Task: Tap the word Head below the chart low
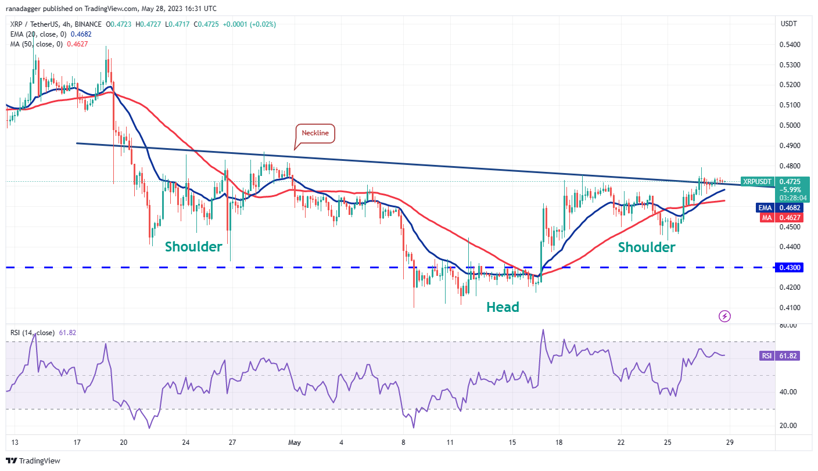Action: (x=503, y=307)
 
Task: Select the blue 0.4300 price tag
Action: (x=787, y=267)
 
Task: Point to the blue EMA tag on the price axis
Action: (x=764, y=207)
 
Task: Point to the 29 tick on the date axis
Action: (x=730, y=442)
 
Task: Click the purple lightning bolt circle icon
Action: (x=724, y=316)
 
